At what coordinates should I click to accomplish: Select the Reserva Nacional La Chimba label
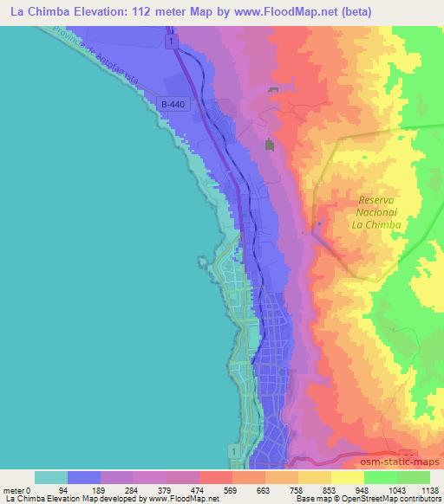[x=376, y=212]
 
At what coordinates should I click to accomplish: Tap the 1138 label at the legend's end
[x=421, y=490]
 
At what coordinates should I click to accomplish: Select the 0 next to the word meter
[x=29, y=490]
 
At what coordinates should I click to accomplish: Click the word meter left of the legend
[x=14, y=490]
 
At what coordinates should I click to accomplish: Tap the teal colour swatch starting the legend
[x=51, y=477]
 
